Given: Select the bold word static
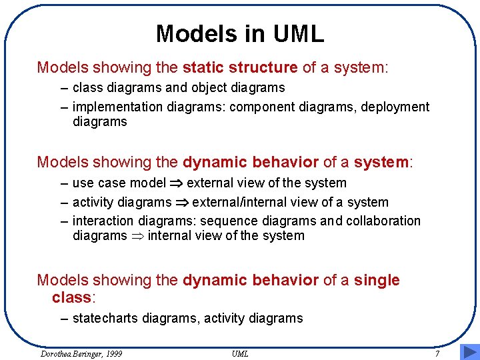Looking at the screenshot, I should tap(203, 67).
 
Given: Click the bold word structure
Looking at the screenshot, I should tap(263, 67).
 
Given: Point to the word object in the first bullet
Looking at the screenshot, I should tap(210, 87).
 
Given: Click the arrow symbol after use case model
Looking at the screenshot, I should tap(176, 183).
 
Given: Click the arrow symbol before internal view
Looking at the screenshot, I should tap(137, 236).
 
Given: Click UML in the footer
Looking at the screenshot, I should tap(240, 353).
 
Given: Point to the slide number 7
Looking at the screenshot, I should tap(437, 353).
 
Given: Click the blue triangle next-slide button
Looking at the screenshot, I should tap(469, 351).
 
